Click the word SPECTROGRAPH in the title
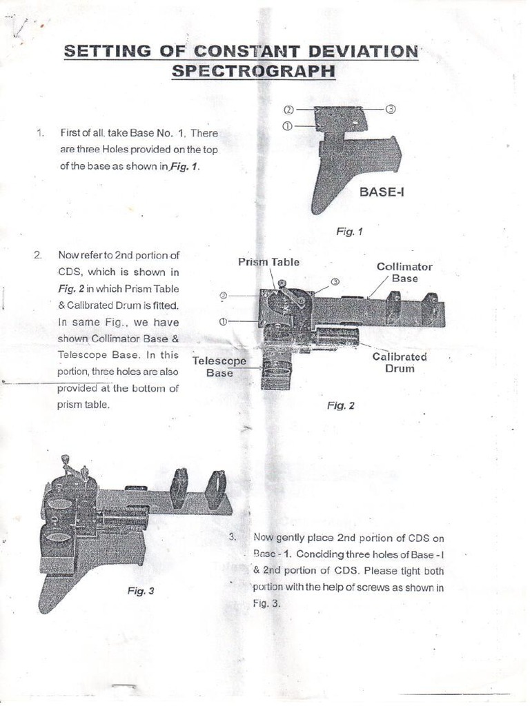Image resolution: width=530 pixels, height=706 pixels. point(253,71)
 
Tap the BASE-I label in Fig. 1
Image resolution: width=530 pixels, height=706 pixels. point(382,192)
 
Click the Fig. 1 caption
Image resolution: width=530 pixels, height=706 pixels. point(349,232)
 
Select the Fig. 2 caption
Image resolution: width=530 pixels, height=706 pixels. point(340,405)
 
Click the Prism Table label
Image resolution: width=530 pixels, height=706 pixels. point(268,262)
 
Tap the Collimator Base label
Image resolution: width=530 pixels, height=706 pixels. point(404,272)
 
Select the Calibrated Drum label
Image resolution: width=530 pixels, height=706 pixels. point(400,362)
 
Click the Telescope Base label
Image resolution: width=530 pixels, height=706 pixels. point(219,367)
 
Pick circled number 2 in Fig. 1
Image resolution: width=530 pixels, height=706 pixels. point(288,110)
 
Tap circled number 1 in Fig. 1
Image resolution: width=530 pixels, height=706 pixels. point(288,125)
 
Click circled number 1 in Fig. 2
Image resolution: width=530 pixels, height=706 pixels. point(224,321)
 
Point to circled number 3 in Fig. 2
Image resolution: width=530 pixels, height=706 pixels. point(335,281)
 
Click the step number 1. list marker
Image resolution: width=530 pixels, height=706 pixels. point(40,133)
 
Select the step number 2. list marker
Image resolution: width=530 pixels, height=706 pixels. point(38,255)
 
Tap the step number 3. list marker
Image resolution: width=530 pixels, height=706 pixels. point(233,537)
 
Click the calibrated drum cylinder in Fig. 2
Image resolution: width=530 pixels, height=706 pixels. point(337,338)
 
